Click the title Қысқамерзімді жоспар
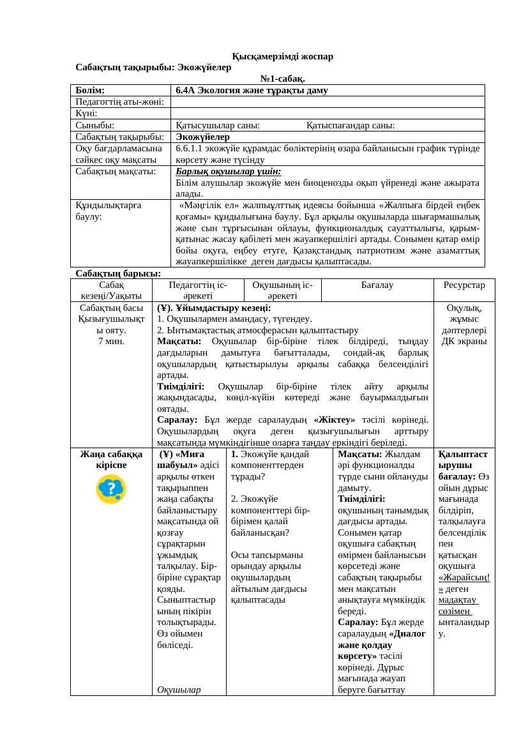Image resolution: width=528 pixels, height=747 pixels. click(x=282, y=57)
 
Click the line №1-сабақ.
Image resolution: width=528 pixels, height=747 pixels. click(x=282, y=79)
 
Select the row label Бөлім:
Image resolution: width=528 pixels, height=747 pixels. click(x=90, y=91)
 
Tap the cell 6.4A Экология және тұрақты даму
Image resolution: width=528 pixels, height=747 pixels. click(x=252, y=91)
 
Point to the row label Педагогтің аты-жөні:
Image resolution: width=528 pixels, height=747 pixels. click(x=119, y=102)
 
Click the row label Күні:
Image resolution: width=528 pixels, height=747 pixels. click(x=86, y=114)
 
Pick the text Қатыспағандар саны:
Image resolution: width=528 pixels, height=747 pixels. click(x=351, y=125)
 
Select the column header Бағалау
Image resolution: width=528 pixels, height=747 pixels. click(x=377, y=285)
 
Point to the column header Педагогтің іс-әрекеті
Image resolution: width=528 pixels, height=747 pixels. click(x=198, y=290)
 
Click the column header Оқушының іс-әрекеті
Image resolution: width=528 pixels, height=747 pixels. click(x=282, y=290)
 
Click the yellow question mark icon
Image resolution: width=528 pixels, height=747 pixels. click(x=111, y=489)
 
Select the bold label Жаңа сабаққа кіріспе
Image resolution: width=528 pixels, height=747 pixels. click(x=111, y=460)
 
